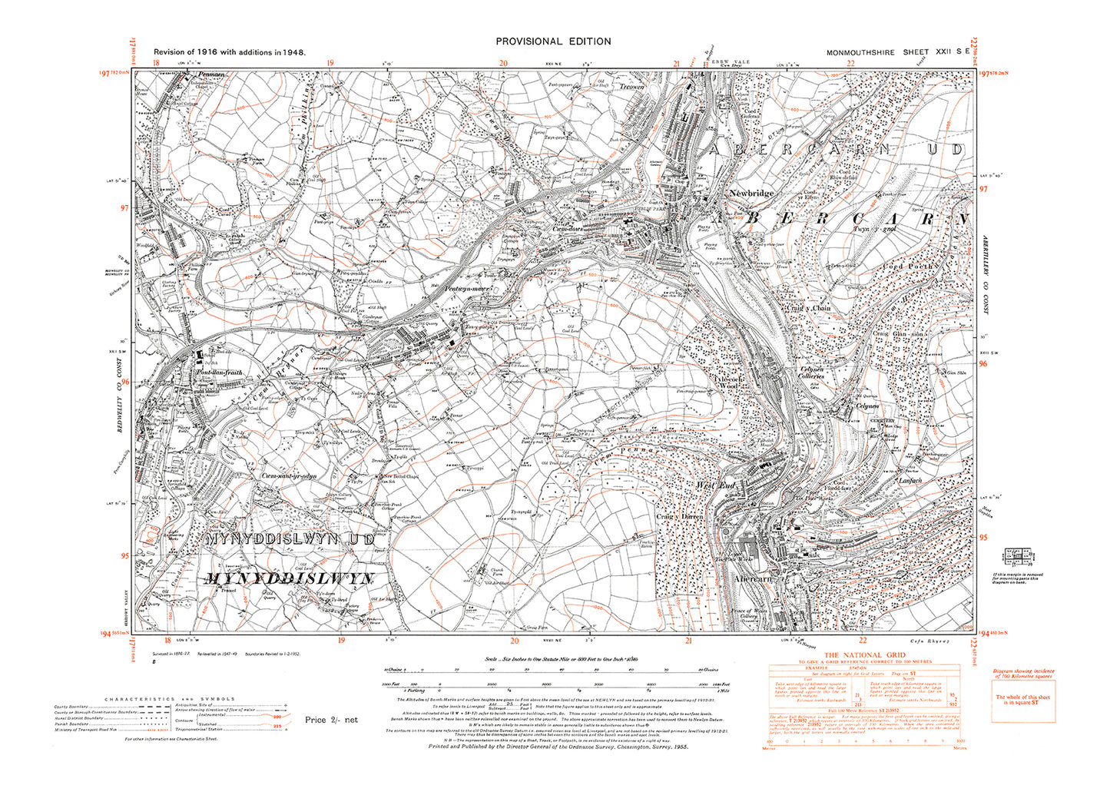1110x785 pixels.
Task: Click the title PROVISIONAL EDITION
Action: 553,41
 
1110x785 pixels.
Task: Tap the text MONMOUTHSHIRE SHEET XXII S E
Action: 896,51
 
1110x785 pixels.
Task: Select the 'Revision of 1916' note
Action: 230,52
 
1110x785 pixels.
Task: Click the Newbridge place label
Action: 751,194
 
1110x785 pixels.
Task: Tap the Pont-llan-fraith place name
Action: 219,373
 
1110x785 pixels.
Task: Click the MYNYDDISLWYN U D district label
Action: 290,540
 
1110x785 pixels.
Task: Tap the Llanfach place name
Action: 910,481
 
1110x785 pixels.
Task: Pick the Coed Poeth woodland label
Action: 910,267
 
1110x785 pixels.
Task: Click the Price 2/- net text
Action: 331,720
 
